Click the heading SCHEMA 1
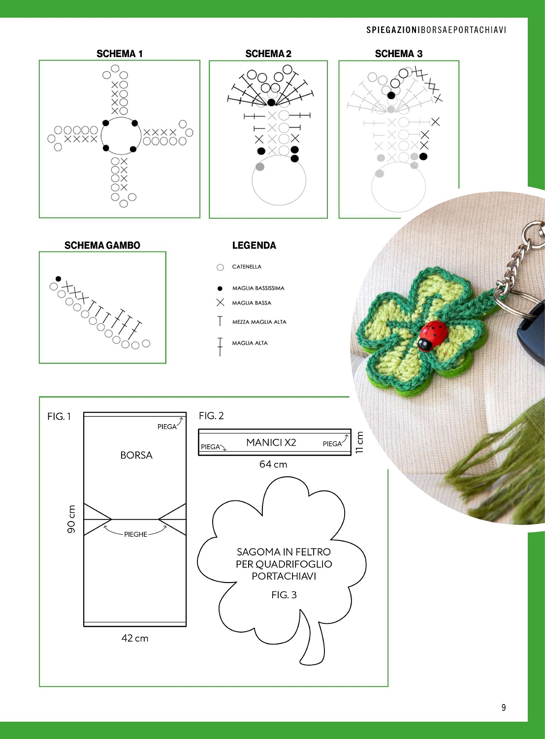pos(120,54)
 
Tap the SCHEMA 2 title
pos(268,54)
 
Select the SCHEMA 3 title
pos(399,54)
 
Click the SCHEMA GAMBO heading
pos(102,246)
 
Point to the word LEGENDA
pos(254,246)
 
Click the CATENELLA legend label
pos(247,267)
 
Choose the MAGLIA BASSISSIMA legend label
pos(258,288)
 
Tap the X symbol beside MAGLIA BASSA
pos(220,302)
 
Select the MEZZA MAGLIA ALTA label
pos(259,322)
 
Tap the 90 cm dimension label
pos(71,519)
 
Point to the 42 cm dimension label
pos(135,638)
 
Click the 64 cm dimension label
pos(273,464)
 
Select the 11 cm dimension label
pos(359,442)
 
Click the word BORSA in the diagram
pos(136,455)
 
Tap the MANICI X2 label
pos(271,442)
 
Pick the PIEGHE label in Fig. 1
pos(136,534)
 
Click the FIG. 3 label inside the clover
pos(284,595)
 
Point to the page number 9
pos(504,708)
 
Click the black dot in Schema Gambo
pos(59,279)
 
